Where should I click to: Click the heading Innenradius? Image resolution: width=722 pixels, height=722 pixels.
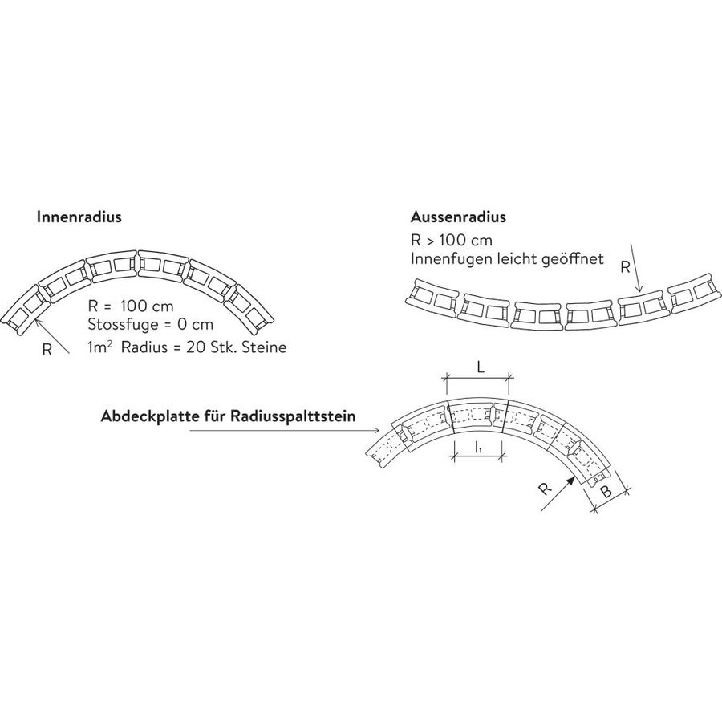pos(79,217)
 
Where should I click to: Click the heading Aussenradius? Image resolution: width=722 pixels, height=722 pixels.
pos(458,217)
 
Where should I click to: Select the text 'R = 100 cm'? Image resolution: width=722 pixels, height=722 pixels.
pos(131,306)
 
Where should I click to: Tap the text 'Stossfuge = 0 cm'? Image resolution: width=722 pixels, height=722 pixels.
pos(151,324)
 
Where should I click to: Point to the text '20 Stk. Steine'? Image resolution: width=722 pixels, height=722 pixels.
pos(236,347)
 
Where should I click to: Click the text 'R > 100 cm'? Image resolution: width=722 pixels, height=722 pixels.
pos(451,241)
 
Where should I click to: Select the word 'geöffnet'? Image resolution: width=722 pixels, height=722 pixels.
pos(572,259)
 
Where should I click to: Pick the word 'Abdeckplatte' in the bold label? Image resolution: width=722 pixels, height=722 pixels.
pos(147,416)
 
